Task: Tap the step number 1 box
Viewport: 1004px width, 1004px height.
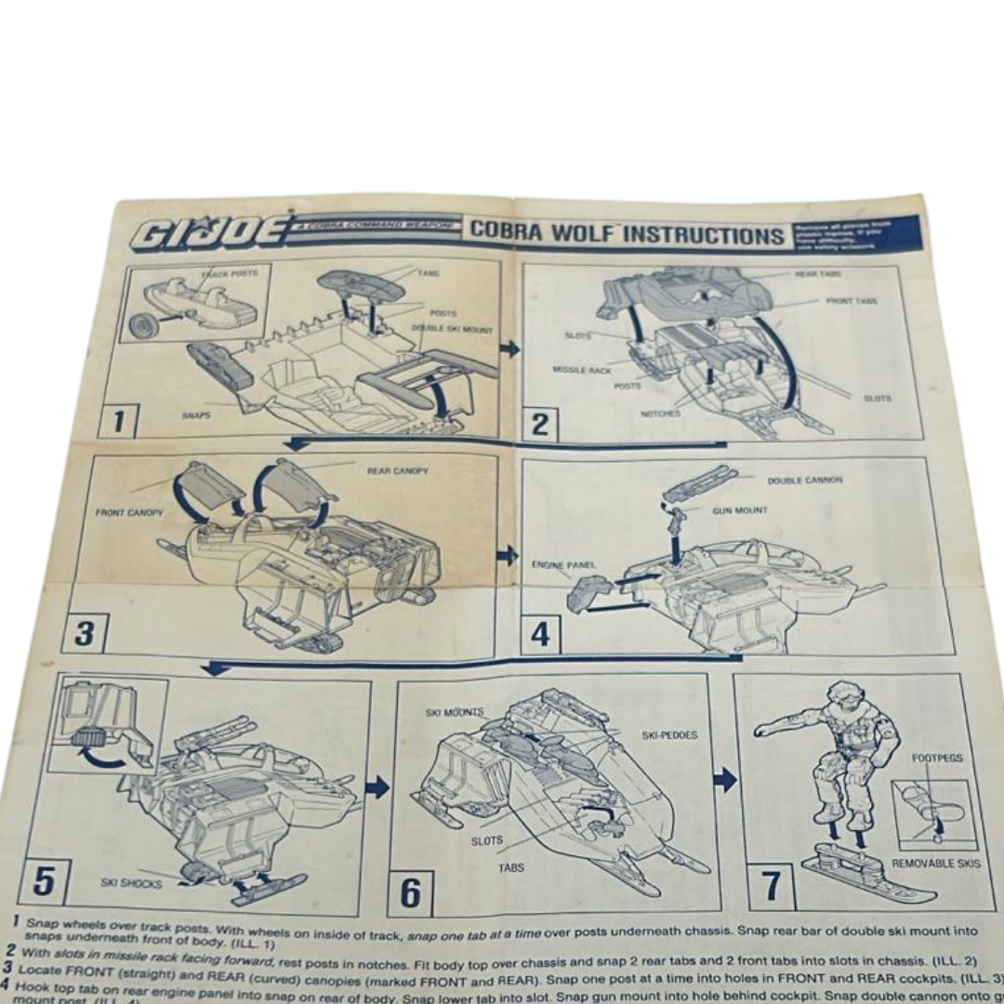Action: [x=118, y=422]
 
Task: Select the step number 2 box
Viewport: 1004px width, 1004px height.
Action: [x=540, y=426]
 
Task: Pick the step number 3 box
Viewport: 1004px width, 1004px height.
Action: [x=85, y=634]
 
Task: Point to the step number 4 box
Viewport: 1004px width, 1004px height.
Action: [x=540, y=635]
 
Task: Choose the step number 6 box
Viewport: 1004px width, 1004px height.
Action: [x=410, y=892]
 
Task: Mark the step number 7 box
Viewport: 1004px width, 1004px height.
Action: [x=771, y=886]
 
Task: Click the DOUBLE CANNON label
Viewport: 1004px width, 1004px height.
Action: [x=804, y=481]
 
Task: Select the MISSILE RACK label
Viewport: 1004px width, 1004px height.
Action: [x=581, y=369]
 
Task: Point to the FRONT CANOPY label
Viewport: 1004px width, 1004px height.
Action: [x=129, y=513]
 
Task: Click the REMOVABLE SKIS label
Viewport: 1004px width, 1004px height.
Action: [x=935, y=864]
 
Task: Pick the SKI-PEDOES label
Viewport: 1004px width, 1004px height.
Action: [x=669, y=735]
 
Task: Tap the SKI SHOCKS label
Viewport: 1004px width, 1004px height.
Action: [x=131, y=882]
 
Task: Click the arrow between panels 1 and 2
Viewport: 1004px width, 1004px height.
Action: [x=509, y=349]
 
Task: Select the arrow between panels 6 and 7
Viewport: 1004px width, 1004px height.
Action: [x=725, y=779]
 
